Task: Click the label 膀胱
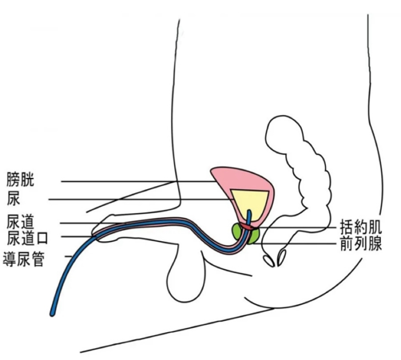pos(21,180)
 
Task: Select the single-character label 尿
pos(14,199)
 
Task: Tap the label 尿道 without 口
pos(21,222)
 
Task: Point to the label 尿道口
pos(27,238)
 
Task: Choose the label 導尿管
pos(23,259)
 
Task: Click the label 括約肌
pos(361,227)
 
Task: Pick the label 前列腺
pos(361,243)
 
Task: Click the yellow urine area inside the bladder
pos(250,202)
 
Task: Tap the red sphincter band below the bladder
pos(248,227)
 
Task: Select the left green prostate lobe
pos(236,231)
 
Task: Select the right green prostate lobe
pos(253,236)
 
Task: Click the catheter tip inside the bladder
pos(249,212)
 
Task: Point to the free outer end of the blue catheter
pos(52,314)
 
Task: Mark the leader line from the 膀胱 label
pos(138,181)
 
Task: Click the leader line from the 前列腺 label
pos(296,243)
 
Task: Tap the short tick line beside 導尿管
pos(69,256)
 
